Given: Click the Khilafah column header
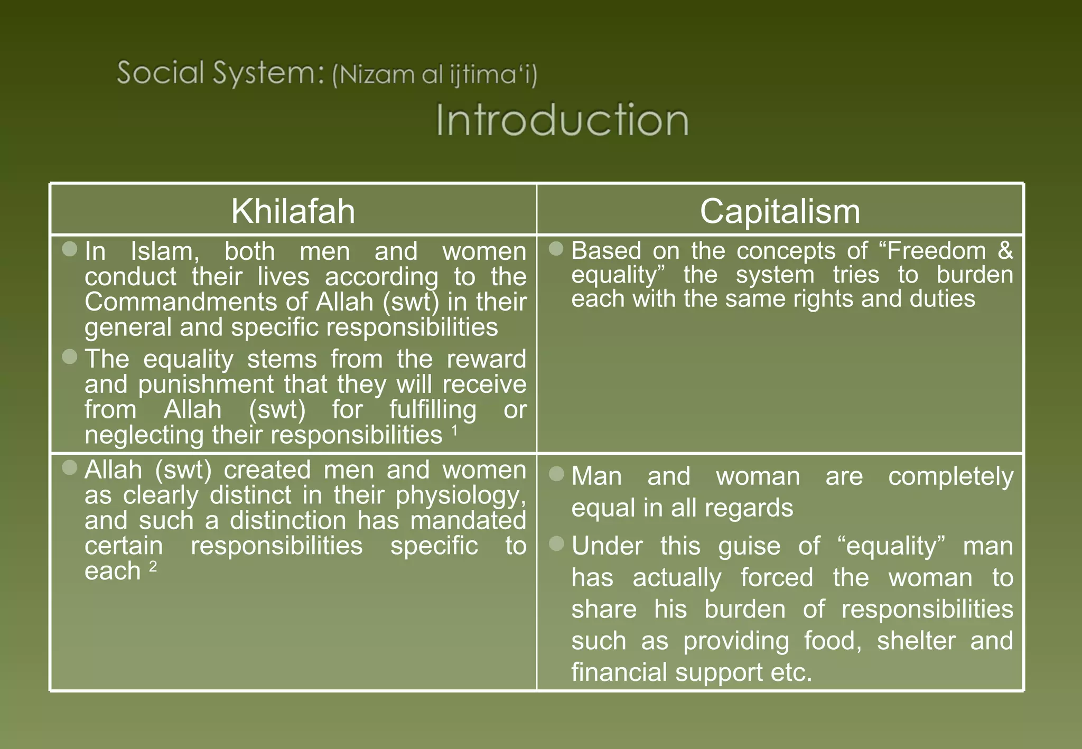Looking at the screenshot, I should [293, 211].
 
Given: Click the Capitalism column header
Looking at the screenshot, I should [780, 211].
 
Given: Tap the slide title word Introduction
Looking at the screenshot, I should [562, 120].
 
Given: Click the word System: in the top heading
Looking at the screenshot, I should [268, 73].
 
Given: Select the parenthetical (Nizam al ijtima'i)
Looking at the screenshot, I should [434, 74].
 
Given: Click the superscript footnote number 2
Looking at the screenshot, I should [153, 566].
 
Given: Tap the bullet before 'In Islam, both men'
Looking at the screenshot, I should [70, 249].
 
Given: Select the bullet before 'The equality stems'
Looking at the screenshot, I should [70, 357].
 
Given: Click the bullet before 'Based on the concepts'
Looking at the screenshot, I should [556, 248].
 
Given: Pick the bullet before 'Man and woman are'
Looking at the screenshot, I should [556, 474].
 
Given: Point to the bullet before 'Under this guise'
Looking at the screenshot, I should [556, 544].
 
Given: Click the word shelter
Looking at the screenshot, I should [916, 641].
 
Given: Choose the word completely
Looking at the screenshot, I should [950, 476].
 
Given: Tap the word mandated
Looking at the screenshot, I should [468, 520].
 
